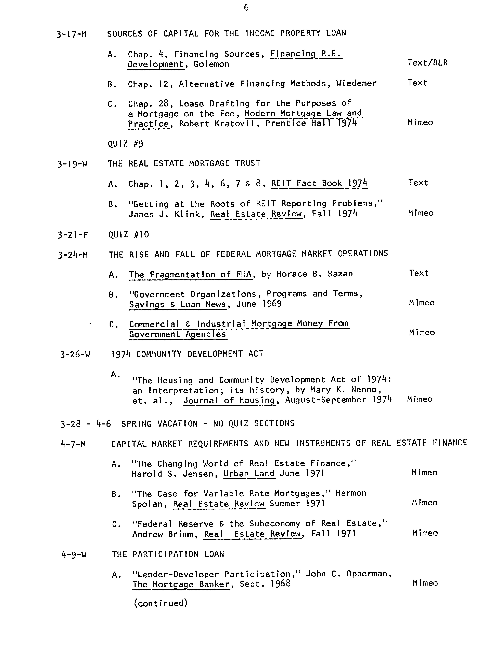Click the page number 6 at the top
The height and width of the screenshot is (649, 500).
click(x=246, y=8)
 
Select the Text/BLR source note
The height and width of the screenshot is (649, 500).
click(x=427, y=63)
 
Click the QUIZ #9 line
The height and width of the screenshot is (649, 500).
click(x=125, y=144)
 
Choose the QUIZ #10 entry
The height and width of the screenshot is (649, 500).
click(x=129, y=235)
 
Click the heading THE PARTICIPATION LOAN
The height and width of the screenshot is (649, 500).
click(x=168, y=554)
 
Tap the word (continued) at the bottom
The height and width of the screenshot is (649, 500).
click(x=160, y=603)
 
